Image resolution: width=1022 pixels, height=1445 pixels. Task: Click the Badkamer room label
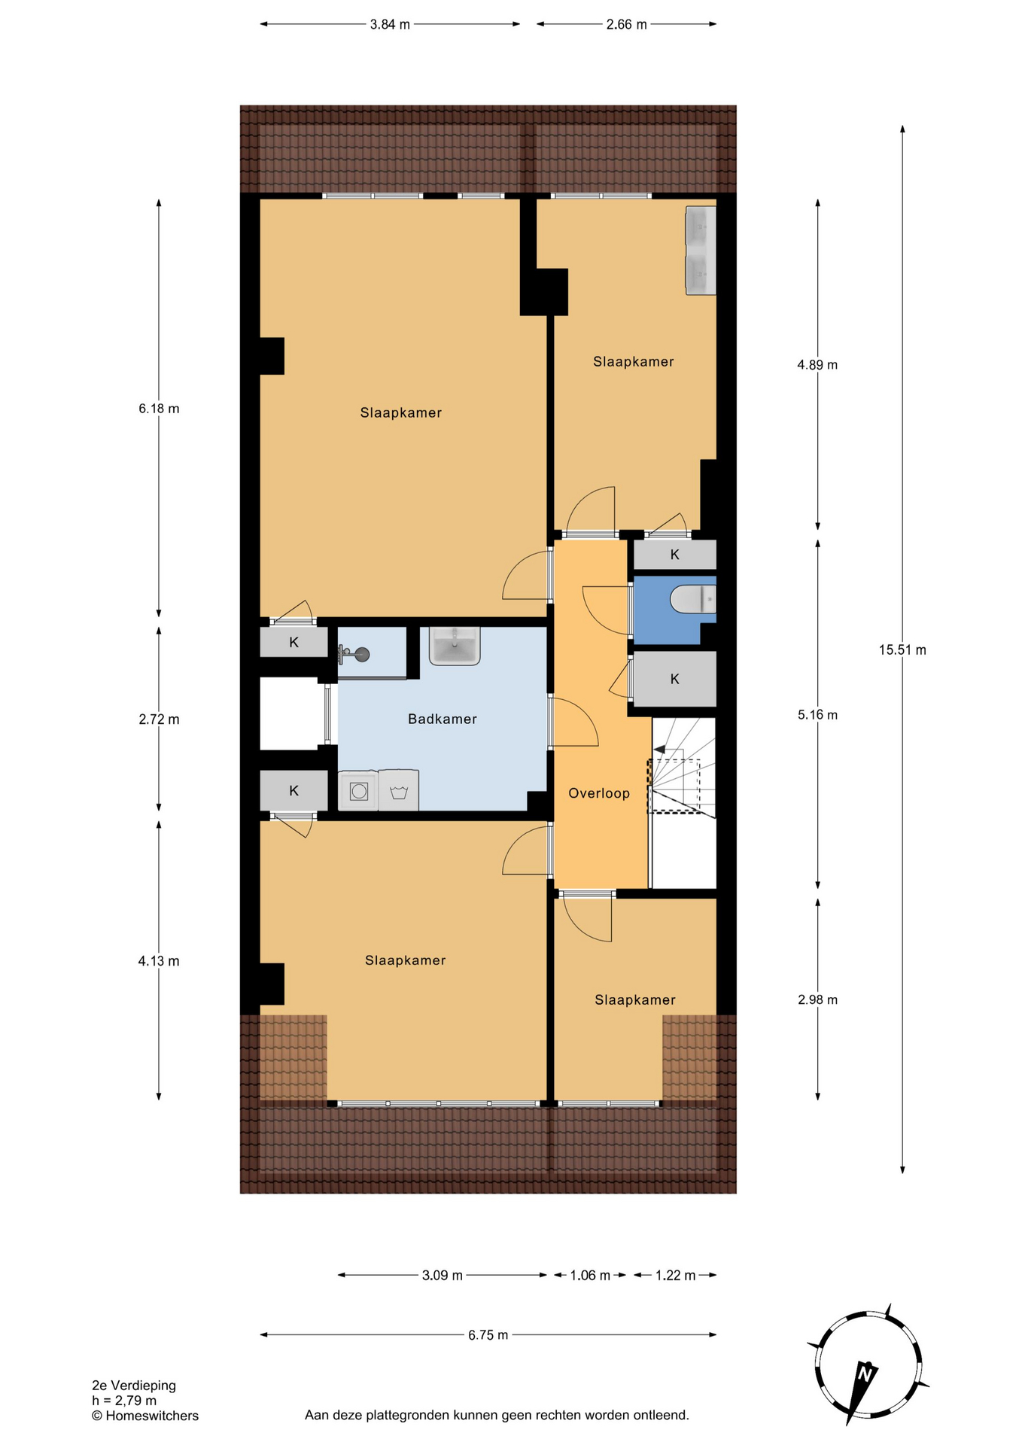pyautogui.click(x=443, y=719)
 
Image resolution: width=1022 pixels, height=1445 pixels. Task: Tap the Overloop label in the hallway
pyautogui.click(x=599, y=792)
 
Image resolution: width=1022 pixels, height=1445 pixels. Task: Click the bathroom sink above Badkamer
pyautogui.click(x=455, y=646)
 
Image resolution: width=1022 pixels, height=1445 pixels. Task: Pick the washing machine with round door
pyautogui.click(x=359, y=791)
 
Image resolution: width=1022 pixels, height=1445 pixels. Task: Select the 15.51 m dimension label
pyautogui.click(x=902, y=649)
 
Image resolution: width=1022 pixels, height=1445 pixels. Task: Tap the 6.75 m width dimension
pyautogui.click(x=488, y=1334)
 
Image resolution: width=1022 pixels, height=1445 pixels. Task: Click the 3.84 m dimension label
pyautogui.click(x=390, y=24)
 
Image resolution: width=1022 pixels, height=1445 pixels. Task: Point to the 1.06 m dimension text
pyautogui.click(x=589, y=1275)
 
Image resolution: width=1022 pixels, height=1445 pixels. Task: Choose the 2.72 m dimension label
pyautogui.click(x=159, y=719)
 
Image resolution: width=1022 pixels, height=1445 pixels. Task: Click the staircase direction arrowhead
pyautogui.click(x=659, y=750)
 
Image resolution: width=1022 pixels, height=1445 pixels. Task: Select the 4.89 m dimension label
pyautogui.click(x=817, y=365)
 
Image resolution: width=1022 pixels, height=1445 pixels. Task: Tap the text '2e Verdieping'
pyautogui.click(x=134, y=1385)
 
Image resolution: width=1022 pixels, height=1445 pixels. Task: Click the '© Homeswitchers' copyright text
pyautogui.click(x=145, y=1415)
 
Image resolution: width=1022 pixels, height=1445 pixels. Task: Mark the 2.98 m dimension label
pyautogui.click(x=817, y=999)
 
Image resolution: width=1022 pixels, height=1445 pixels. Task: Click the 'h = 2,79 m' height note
pyautogui.click(x=124, y=1400)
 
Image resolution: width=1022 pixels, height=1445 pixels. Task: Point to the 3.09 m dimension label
pyautogui.click(x=443, y=1275)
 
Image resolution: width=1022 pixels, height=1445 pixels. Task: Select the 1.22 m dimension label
pyautogui.click(x=675, y=1275)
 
